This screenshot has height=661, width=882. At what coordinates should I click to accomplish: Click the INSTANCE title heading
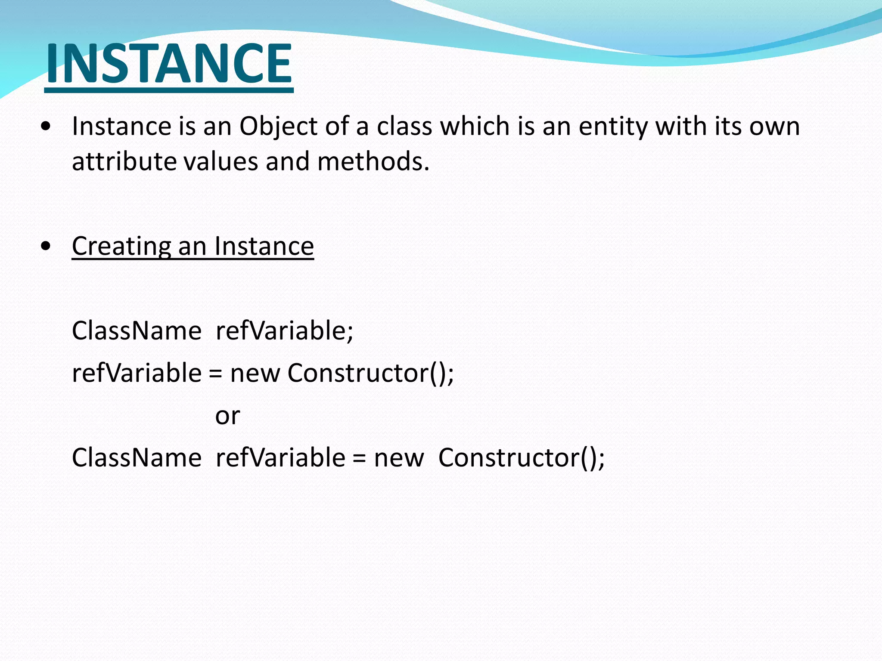click(x=169, y=64)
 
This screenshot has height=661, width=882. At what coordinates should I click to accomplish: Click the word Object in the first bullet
click(x=278, y=127)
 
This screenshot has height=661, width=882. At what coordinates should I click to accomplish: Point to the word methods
click(x=373, y=162)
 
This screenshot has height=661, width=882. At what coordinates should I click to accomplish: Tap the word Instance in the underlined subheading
click(x=264, y=246)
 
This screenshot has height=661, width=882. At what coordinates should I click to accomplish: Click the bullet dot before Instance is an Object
click(x=46, y=127)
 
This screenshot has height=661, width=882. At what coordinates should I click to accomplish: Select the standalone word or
click(x=227, y=416)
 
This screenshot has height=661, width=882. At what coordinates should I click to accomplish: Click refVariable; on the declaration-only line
click(x=284, y=331)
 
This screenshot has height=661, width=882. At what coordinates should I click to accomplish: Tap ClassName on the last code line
click(x=137, y=457)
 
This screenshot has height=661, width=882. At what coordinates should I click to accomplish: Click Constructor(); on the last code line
click(x=521, y=457)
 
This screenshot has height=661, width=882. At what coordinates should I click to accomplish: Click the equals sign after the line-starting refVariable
click(x=215, y=374)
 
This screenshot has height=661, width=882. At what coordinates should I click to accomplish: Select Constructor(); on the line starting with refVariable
click(x=370, y=373)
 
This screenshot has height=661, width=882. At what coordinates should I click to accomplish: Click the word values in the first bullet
click(x=221, y=162)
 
